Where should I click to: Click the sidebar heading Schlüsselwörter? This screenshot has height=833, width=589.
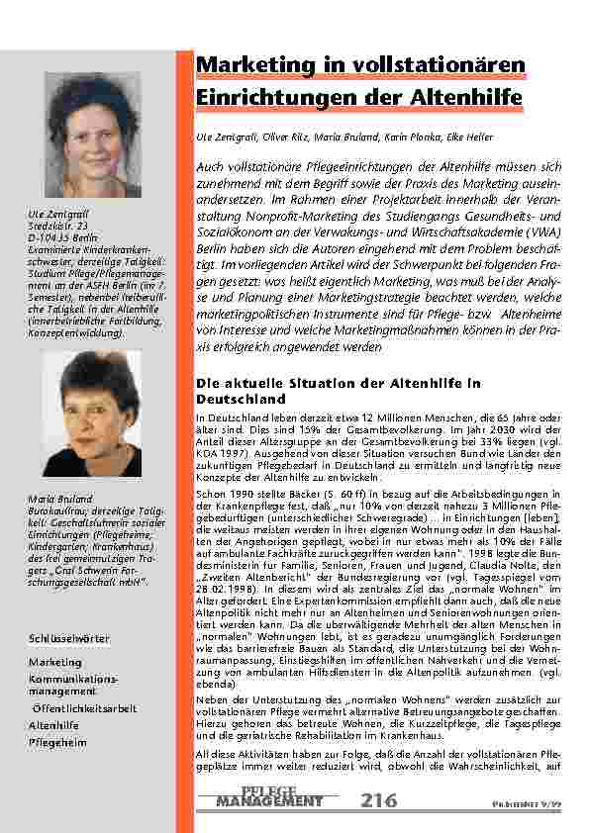(x=68, y=640)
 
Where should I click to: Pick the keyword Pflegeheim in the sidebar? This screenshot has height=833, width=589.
(x=57, y=741)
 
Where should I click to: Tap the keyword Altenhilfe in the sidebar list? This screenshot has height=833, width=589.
(x=54, y=725)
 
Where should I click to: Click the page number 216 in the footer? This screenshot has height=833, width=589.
(x=381, y=799)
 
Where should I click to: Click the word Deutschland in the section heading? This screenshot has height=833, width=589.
(x=238, y=398)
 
